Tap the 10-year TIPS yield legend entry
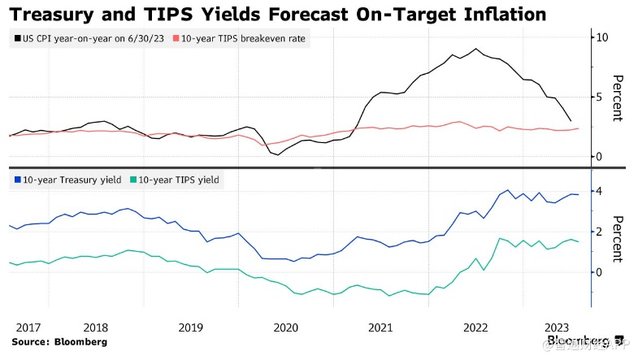(178, 179)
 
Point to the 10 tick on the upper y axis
(602, 37)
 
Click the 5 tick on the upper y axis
(599, 97)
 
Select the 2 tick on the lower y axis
(599, 232)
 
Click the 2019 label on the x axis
(190, 327)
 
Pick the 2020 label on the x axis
(285, 327)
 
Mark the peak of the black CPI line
(475, 49)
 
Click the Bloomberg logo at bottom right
(584, 340)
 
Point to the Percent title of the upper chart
(618, 98)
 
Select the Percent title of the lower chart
(618, 239)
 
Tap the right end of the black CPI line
(570, 120)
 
